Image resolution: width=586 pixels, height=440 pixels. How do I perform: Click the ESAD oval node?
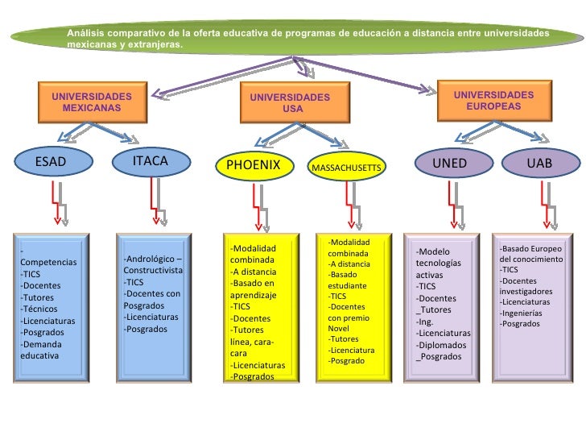click(x=51, y=161)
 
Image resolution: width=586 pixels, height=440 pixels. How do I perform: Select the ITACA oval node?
click(x=151, y=161)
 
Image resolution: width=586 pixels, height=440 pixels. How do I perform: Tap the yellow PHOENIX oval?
click(x=254, y=165)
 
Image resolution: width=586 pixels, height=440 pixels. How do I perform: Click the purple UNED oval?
click(x=449, y=163)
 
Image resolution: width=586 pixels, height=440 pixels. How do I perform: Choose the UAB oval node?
click(x=539, y=163)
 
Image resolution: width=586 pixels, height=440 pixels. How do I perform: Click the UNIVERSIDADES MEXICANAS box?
click(x=91, y=102)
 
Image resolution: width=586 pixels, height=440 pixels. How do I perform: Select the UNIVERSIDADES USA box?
click(x=290, y=102)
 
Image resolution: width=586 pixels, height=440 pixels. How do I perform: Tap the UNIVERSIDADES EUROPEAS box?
click(x=493, y=100)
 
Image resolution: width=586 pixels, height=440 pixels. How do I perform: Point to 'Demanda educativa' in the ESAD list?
click(x=40, y=349)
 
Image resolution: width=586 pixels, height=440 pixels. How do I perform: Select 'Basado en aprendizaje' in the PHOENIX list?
click(x=253, y=289)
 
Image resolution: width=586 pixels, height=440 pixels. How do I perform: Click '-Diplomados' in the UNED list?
click(x=441, y=345)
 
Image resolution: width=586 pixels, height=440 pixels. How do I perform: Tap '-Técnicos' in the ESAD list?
click(x=39, y=309)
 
